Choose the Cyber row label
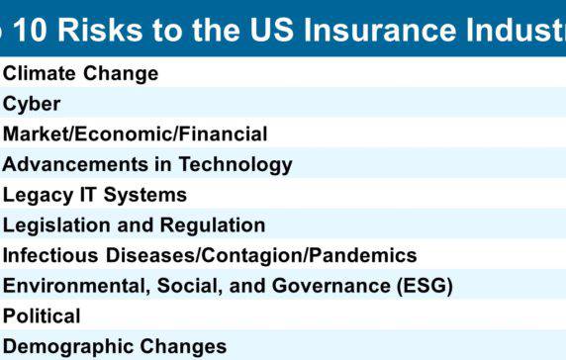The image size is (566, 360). click(x=32, y=104)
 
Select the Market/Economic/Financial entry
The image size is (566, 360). click(x=135, y=134)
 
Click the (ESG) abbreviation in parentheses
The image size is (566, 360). click(x=423, y=286)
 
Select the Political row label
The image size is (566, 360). click(x=42, y=316)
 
